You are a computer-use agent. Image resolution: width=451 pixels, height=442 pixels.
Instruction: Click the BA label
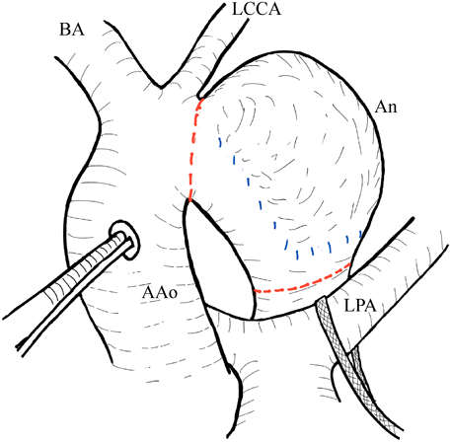point(70,33)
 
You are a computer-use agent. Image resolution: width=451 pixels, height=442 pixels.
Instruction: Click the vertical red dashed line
point(192,148)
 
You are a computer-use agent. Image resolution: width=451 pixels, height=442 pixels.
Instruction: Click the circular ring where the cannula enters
point(124,240)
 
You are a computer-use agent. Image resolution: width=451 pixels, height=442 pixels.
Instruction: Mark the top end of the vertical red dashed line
point(199,98)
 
